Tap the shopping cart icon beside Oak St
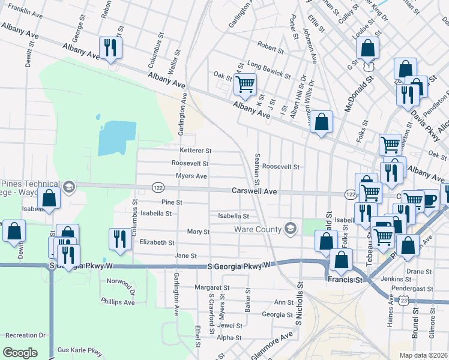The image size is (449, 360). point(245,85)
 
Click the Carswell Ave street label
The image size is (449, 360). point(255,191)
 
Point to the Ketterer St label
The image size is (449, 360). point(196,151)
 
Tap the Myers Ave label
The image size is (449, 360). point(191,176)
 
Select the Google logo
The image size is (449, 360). point(20,353)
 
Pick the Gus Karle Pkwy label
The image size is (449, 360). point(79,350)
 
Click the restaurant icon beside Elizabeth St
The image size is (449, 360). point(119,239)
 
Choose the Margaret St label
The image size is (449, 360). point(212,287)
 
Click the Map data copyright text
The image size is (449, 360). point(424,355)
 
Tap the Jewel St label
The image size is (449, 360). point(230,326)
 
